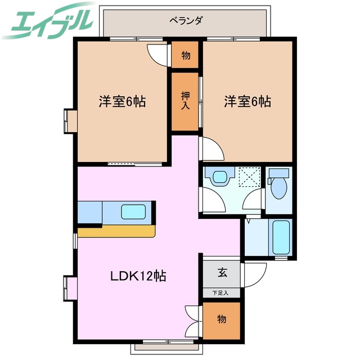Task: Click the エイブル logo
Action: coord(47,21)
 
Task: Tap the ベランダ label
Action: coord(186,21)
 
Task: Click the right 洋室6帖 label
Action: coord(247,102)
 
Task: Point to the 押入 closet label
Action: coord(185,101)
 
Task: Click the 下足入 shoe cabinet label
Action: coord(222,292)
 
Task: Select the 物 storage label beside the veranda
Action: coord(185,56)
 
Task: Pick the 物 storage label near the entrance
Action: coord(222,319)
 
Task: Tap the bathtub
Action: coord(280,237)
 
